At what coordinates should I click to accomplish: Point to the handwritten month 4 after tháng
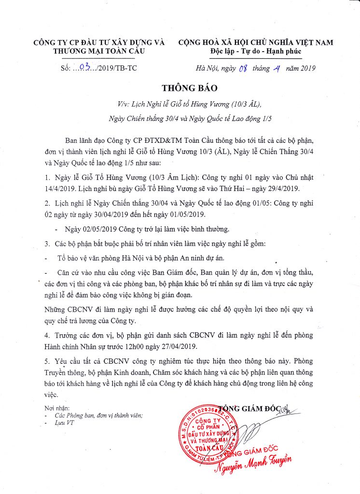point(277,68)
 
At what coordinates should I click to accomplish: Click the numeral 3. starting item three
point(47,242)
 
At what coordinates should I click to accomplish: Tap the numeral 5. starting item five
point(47,361)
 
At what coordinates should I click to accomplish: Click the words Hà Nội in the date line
point(205,69)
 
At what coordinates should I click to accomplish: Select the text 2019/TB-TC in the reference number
point(118,68)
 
